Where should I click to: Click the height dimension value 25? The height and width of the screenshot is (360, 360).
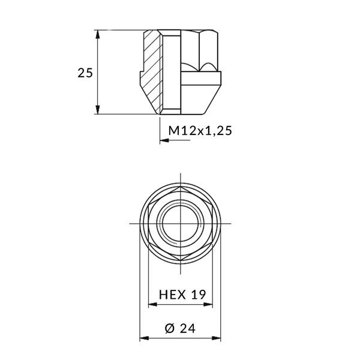pyautogui.click(x=85, y=73)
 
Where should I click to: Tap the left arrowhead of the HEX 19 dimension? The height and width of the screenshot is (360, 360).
pyautogui.click(x=152, y=304)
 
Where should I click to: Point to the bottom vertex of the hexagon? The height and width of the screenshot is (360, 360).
pyautogui.click(x=180, y=260)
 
